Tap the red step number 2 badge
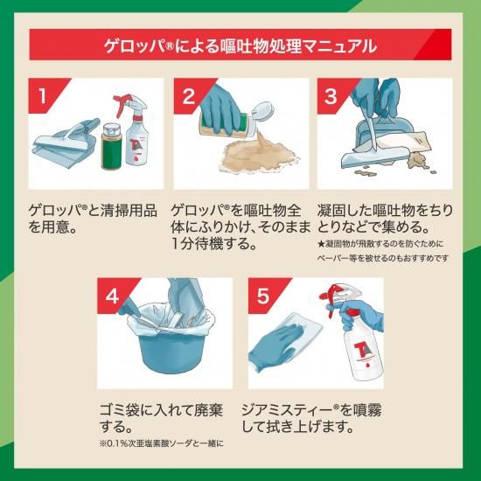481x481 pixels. pyautogui.click(x=189, y=94)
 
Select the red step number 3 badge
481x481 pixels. pyautogui.click(x=331, y=94)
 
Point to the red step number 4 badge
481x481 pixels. pyautogui.click(x=112, y=294)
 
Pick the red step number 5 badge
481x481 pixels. pyautogui.click(x=263, y=294)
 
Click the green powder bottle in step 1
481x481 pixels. pyautogui.click(x=112, y=146)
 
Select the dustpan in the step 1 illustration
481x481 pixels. pyautogui.click(x=66, y=143)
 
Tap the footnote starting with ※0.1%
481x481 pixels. pyautogui.click(x=162, y=443)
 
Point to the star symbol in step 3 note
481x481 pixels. pyautogui.click(x=321, y=244)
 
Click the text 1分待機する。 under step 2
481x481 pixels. pyautogui.click(x=213, y=244)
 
